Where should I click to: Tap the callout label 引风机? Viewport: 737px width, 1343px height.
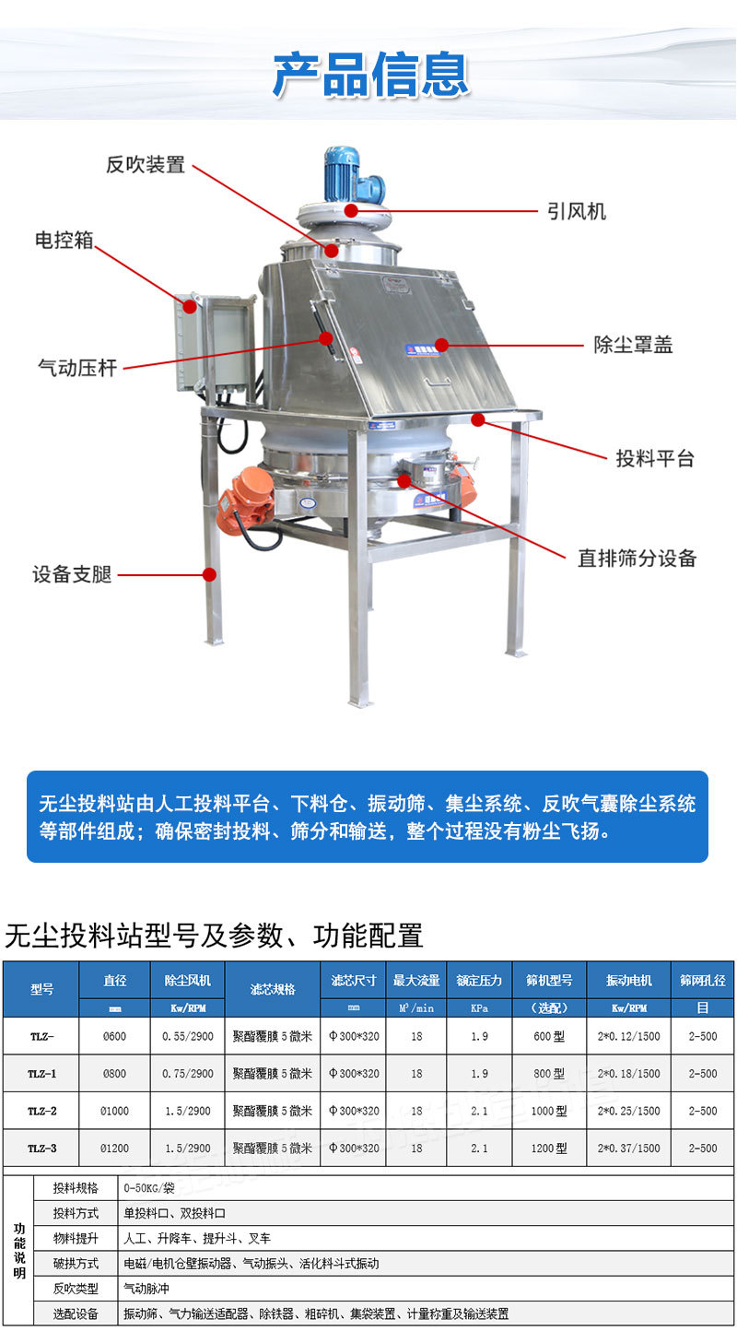pyautogui.click(x=577, y=212)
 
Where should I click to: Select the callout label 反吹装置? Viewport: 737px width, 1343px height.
pyautogui.click(x=146, y=164)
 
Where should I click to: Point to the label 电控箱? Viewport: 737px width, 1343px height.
pyautogui.click(x=64, y=241)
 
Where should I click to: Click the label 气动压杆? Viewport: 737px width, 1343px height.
pyautogui.click(x=77, y=368)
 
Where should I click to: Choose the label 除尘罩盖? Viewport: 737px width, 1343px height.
pyautogui.click(x=633, y=345)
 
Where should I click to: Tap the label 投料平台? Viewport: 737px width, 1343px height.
pyautogui.click(x=655, y=459)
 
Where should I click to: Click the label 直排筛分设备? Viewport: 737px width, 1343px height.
pyautogui.click(x=637, y=559)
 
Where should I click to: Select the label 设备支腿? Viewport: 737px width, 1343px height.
pyautogui.click(x=72, y=574)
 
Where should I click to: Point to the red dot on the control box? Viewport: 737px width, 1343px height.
pyautogui.click(x=190, y=307)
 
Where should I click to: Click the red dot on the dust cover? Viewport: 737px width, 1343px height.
pyautogui.click(x=441, y=345)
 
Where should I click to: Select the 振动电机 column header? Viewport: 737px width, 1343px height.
pyautogui.click(x=628, y=980)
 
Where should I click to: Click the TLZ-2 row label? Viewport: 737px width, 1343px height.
pyautogui.click(x=42, y=1111)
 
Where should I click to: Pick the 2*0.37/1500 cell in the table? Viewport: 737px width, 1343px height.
pyautogui.click(x=628, y=1149)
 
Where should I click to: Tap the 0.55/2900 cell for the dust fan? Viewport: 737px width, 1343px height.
pyautogui.click(x=188, y=1036)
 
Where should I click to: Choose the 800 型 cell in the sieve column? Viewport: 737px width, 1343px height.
pyautogui.click(x=549, y=1073)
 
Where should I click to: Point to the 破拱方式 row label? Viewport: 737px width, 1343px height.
pyautogui.click(x=76, y=1263)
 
